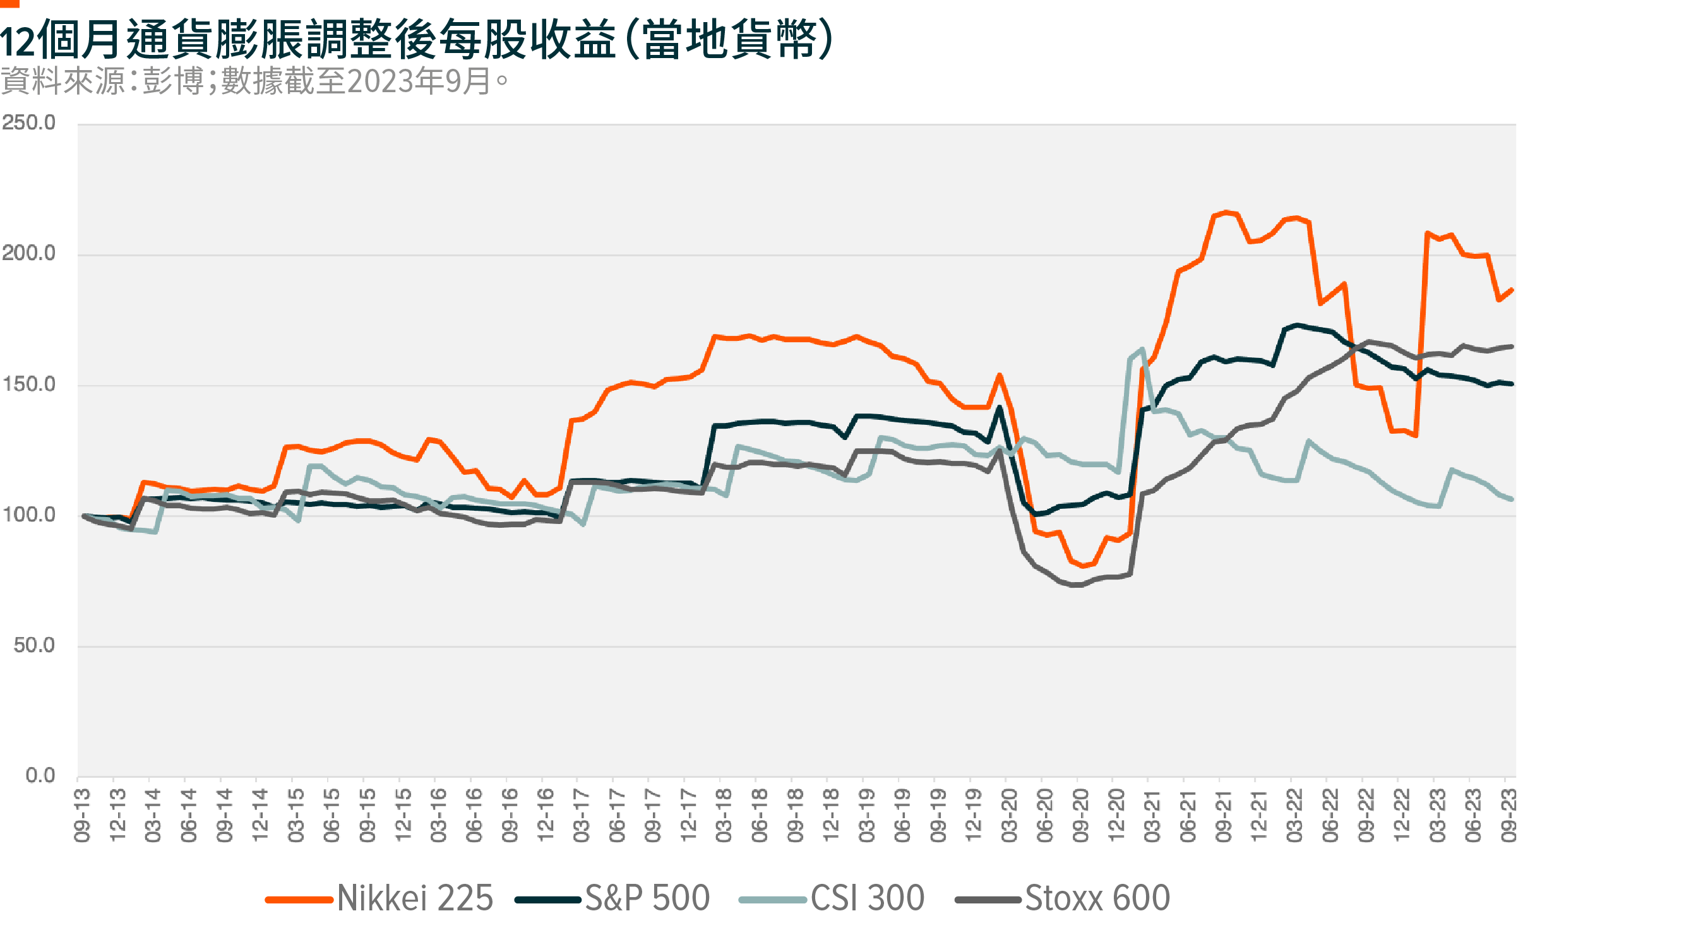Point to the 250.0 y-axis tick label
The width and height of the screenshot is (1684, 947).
coord(29,123)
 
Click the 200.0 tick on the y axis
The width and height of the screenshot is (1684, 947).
coord(29,254)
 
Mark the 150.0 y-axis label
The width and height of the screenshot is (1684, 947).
coord(29,384)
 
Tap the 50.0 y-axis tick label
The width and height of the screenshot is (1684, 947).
coord(34,646)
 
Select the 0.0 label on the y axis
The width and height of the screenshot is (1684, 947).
coord(40,777)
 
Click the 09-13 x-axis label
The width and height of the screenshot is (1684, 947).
coord(81,816)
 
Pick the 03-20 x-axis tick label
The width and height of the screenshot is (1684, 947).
coord(1010,816)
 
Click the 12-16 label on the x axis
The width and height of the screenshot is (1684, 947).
coord(545,816)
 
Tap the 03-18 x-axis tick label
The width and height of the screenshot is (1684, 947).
coord(724,816)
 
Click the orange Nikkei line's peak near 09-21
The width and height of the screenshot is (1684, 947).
coord(1226,212)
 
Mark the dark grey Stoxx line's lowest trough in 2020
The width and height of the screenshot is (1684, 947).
coord(1075,585)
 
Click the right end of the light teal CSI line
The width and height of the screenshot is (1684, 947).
coord(1512,499)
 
